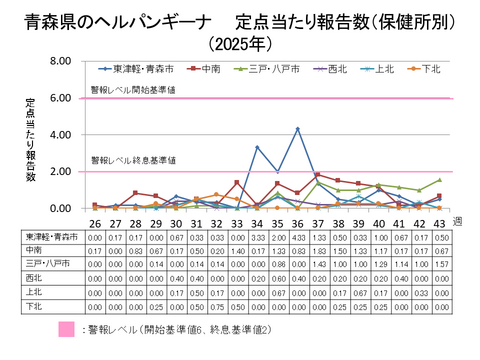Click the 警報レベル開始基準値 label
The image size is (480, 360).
tap(136, 88)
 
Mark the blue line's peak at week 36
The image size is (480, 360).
tap(297, 129)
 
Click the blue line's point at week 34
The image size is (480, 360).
tap(256, 147)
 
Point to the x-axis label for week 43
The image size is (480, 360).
tap(440, 222)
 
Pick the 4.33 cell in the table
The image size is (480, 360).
tap(297, 237)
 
